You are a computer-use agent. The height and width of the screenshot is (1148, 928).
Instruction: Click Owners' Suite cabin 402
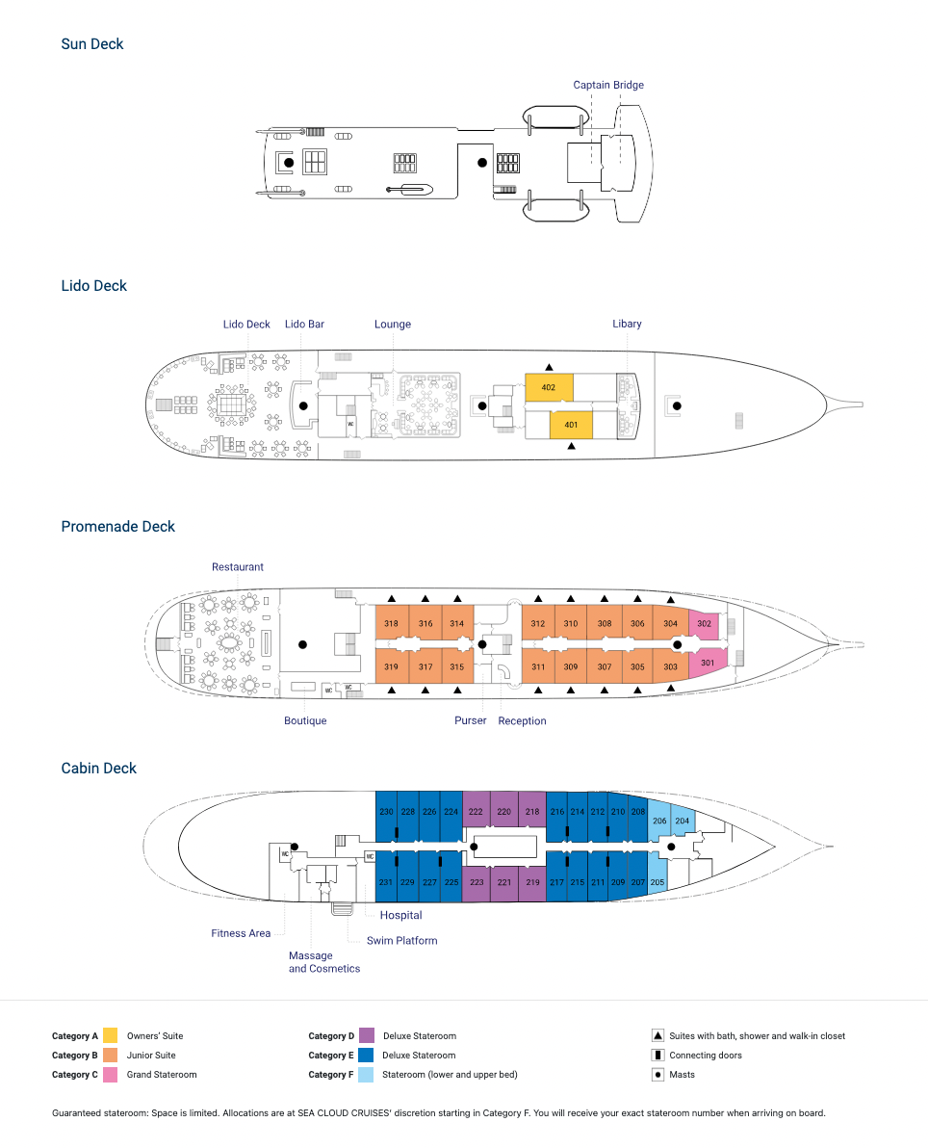coord(549,387)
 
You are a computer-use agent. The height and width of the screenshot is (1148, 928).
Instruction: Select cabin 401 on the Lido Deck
coord(571,425)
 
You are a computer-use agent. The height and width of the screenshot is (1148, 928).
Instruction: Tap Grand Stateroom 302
coord(704,624)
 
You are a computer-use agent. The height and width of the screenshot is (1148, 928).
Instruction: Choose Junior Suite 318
coord(392,623)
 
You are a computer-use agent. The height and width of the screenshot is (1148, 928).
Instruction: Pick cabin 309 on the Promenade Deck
coord(571,666)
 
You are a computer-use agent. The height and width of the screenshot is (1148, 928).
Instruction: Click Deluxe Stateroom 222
coord(476,810)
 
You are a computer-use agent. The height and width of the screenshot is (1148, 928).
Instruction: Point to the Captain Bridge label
coord(608,85)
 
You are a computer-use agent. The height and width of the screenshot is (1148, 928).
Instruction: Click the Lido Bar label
coord(304,325)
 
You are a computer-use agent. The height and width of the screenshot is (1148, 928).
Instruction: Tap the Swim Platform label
coord(401,941)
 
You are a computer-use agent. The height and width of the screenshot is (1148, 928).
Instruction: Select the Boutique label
coord(305,720)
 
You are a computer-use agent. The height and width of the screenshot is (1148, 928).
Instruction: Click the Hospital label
coord(400,915)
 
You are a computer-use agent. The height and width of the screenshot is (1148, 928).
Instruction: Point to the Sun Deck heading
coord(92,44)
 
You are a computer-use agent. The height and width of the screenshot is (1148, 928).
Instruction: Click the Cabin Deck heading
coord(99,768)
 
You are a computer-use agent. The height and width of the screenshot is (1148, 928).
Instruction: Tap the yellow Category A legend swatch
coord(111,1035)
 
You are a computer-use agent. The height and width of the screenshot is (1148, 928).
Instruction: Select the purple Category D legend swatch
coord(367,1035)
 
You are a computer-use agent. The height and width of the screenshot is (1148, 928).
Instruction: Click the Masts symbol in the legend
coord(657,1075)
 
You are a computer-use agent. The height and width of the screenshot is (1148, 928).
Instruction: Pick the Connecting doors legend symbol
coord(657,1055)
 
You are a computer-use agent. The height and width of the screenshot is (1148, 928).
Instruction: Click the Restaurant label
coord(237,566)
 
